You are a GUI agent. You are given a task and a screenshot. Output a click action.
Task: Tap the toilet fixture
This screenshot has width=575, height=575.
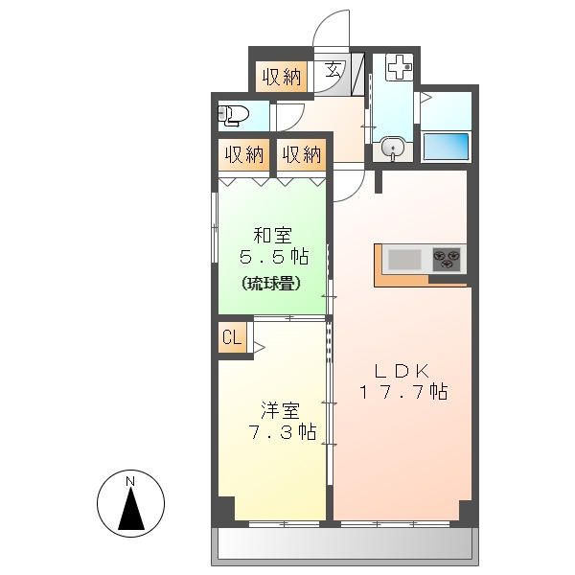coord(233,117)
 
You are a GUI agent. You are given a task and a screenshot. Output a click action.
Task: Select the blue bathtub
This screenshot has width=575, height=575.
coord(446,148)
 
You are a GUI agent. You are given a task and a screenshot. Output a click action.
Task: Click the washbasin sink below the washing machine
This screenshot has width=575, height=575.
coord(391,150)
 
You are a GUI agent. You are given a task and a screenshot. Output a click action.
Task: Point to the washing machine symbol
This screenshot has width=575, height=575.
coord(399,68)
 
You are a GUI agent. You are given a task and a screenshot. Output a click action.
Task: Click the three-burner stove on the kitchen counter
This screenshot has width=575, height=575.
coord(446,257)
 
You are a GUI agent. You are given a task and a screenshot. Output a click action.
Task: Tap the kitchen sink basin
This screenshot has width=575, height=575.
coord(404,259)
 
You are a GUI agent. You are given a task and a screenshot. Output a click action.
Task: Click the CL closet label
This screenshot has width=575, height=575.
coord(231,337)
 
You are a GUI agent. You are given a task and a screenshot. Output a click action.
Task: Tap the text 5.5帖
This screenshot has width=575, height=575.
coord(273,257)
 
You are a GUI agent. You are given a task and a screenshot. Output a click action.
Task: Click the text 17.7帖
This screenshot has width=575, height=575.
coord(403,391)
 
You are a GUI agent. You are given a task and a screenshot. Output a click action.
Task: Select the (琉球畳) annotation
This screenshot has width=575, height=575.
coord(272,283)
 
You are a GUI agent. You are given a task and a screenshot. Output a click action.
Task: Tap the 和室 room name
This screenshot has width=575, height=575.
coord(273,234)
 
